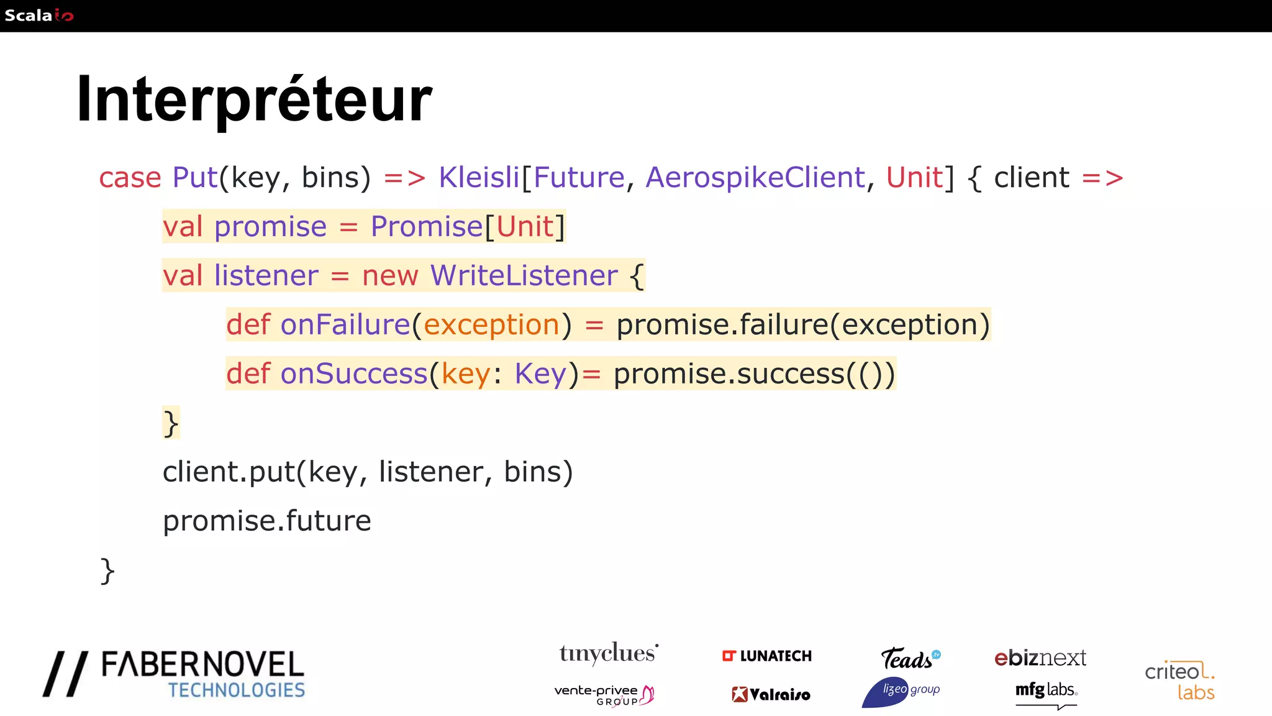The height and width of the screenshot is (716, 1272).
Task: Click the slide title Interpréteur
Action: point(253,99)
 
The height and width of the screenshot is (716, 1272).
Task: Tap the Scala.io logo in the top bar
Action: point(39,16)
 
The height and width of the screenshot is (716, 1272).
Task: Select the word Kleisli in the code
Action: point(478,178)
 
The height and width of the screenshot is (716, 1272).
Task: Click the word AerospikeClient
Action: point(755,178)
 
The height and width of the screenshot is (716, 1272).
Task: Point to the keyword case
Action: point(130,178)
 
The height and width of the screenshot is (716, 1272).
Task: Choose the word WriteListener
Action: point(524,275)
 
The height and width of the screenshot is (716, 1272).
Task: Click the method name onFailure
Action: point(345,324)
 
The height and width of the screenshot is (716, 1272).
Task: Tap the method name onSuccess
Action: point(354,374)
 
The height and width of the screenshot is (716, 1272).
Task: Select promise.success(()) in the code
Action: point(754,374)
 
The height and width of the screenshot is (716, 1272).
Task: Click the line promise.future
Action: point(266,521)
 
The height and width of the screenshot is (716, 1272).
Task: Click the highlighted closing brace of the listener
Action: point(171,423)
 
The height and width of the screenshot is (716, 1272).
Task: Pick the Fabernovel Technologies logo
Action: point(175,674)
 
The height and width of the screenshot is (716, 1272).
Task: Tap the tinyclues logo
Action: point(609,654)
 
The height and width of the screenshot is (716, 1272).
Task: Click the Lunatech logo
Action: point(767,656)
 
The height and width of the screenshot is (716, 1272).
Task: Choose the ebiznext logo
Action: point(1040,658)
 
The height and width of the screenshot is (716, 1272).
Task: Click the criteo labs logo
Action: point(1179,681)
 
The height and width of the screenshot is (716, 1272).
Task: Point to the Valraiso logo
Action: point(771,694)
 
